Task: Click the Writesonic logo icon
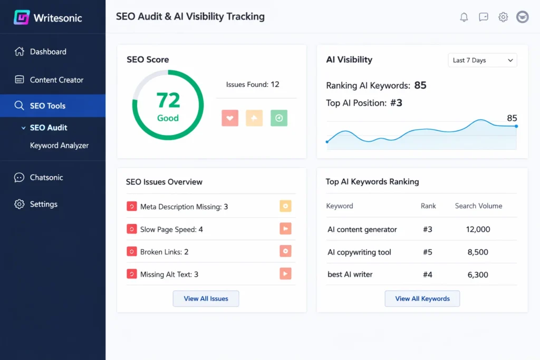click(x=21, y=17)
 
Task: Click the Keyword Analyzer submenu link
click(x=59, y=145)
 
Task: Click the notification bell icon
click(x=464, y=17)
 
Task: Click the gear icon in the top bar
click(x=503, y=17)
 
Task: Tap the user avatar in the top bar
click(x=522, y=17)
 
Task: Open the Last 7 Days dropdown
click(x=483, y=61)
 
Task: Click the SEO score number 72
click(x=168, y=100)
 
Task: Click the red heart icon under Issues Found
click(x=230, y=118)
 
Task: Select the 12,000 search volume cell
click(x=478, y=230)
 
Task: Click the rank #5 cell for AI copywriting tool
click(x=427, y=252)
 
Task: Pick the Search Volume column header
click(x=478, y=206)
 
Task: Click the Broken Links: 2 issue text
click(x=164, y=252)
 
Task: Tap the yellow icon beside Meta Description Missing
click(x=285, y=207)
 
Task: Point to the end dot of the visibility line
click(x=516, y=126)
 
